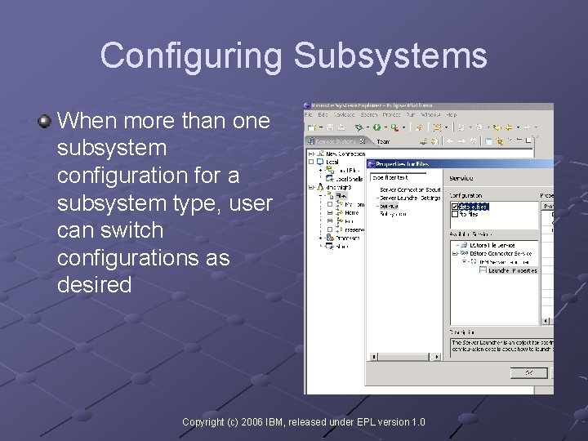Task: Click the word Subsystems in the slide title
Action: (x=390, y=56)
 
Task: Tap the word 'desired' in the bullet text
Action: (x=94, y=285)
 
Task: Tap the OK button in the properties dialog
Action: (x=529, y=372)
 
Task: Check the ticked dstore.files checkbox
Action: (x=454, y=207)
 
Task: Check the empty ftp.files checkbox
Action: (x=454, y=215)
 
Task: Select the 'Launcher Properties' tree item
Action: (x=512, y=269)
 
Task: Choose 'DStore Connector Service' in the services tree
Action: (x=500, y=253)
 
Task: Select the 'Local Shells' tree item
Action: (x=350, y=178)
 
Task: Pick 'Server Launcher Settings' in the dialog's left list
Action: (x=410, y=198)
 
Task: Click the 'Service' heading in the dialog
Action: (x=461, y=178)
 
